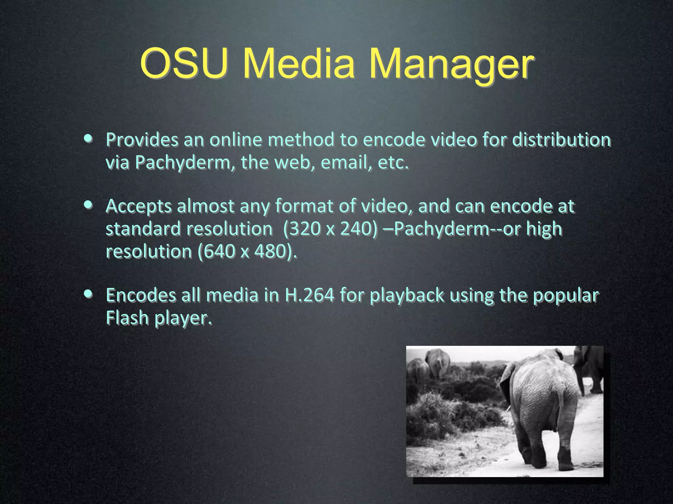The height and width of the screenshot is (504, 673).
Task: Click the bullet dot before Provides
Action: (88, 138)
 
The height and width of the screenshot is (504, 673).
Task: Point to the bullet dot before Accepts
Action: (88, 205)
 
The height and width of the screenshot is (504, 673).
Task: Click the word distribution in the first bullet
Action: (562, 139)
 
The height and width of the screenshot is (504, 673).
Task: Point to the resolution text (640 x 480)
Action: (247, 252)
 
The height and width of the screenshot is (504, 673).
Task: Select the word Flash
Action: (127, 318)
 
